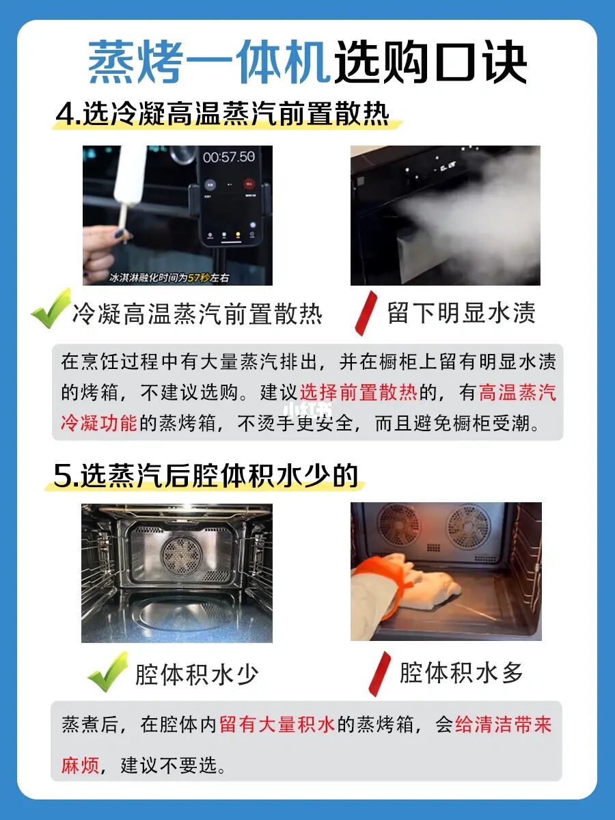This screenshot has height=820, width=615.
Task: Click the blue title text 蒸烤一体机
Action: pyautogui.click(x=209, y=62)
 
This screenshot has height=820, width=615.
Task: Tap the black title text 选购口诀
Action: pyautogui.click(x=430, y=62)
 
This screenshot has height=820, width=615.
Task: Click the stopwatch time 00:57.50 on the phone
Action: pyautogui.click(x=229, y=157)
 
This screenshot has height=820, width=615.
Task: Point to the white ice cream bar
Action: pyautogui.click(x=130, y=176)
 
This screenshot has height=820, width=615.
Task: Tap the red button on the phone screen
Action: pyautogui.click(x=249, y=184)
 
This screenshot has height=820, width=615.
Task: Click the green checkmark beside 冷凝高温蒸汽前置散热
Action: pyautogui.click(x=51, y=308)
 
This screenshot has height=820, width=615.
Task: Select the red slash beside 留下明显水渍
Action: pyautogui.click(x=366, y=313)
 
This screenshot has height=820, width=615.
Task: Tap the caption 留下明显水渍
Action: pyautogui.click(x=461, y=313)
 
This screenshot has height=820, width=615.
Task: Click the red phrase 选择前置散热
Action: pyautogui.click(x=359, y=392)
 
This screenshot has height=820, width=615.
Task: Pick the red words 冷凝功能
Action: pyautogui.click(x=98, y=423)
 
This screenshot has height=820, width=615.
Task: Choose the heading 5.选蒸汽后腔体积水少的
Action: pyautogui.click(x=206, y=476)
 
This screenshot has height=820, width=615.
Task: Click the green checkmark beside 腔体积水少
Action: pyautogui.click(x=107, y=671)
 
